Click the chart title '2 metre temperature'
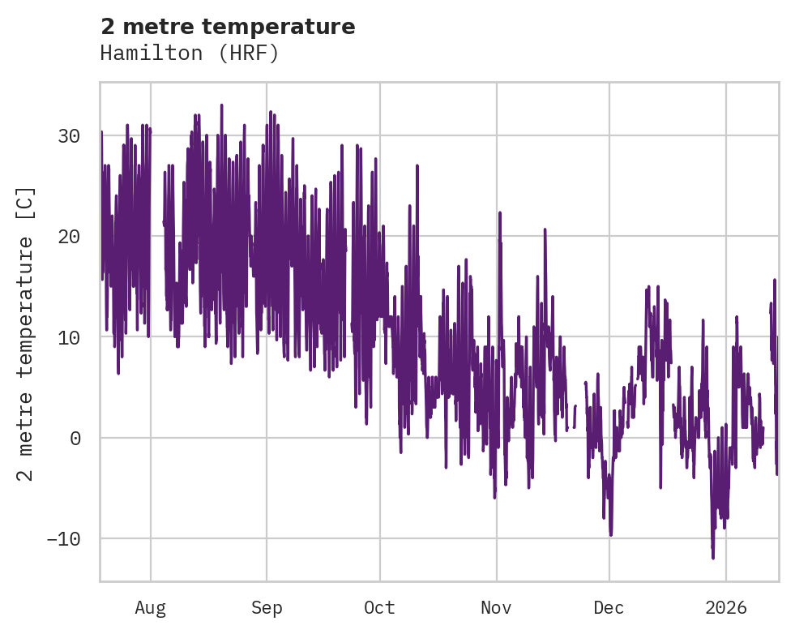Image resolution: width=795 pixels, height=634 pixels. click(x=228, y=27)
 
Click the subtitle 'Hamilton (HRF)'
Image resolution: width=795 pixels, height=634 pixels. click(x=190, y=54)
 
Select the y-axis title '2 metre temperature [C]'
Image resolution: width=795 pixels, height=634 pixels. click(x=26, y=334)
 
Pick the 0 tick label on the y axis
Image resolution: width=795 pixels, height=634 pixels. click(x=75, y=438)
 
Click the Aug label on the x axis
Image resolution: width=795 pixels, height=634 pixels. click(x=150, y=607)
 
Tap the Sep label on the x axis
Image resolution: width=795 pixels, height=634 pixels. click(x=267, y=607)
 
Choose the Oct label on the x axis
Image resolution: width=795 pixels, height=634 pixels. click(x=379, y=607)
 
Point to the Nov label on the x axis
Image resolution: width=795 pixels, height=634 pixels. click(x=496, y=607)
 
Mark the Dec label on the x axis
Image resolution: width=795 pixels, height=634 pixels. click(x=609, y=607)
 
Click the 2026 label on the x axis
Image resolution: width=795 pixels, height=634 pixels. click(x=726, y=607)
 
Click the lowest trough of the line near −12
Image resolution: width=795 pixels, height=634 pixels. click(x=713, y=558)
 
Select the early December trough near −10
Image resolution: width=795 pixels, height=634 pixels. click(x=610, y=534)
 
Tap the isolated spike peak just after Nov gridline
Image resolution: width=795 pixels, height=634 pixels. click(x=499, y=213)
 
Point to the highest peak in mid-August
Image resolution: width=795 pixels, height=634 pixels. click(x=221, y=105)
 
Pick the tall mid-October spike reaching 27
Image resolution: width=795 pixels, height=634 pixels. click(x=417, y=166)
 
